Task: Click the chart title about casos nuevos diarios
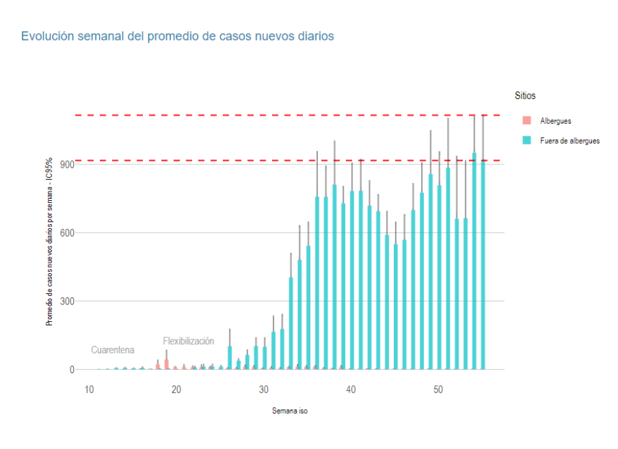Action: point(177,36)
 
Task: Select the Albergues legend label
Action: point(555,121)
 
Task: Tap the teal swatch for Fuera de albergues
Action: point(527,140)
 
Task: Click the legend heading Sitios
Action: point(525,96)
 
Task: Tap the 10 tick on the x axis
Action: point(88,389)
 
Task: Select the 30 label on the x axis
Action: point(263,389)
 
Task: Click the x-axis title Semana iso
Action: point(289,411)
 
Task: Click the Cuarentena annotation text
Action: point(112,350)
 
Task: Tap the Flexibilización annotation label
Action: point(188,341)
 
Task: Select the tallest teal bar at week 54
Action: point(474,266)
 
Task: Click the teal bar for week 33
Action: point(291,326)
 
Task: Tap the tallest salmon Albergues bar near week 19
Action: point(166,364)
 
